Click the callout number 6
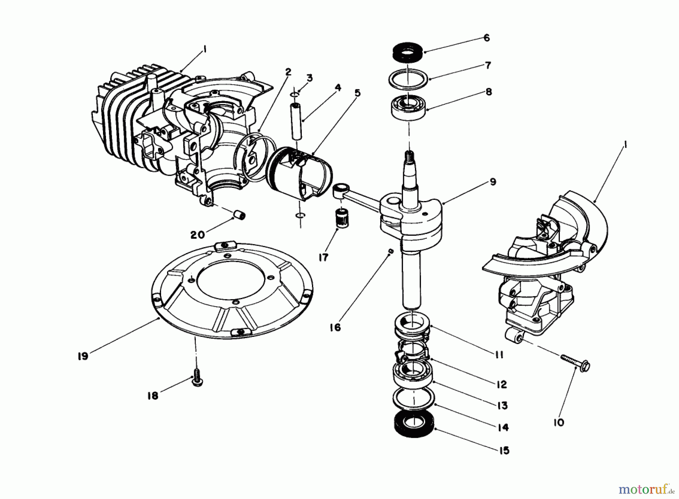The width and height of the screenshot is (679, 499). click(x=486, y=38)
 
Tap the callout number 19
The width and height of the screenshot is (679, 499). click(x=83, y=356)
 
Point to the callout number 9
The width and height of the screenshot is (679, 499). click(x=493, y=182)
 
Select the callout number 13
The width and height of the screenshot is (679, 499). click(x=502, y=405)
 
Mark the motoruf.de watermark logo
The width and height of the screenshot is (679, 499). click(x=646, y=490)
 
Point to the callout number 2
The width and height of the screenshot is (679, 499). click(x=288, y=72)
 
